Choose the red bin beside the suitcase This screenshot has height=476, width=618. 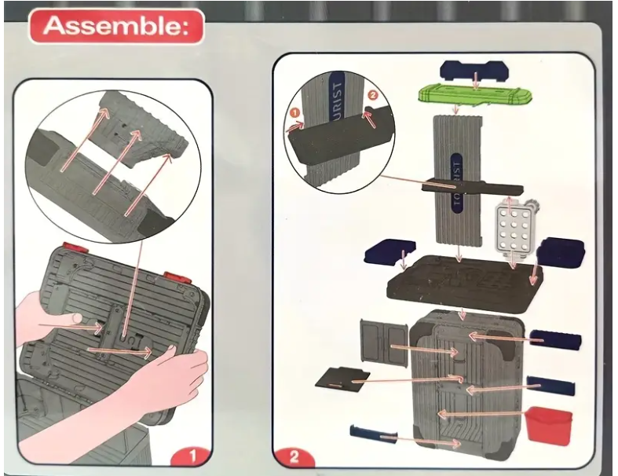point(549,425)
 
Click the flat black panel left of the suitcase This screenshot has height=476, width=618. point(343,379)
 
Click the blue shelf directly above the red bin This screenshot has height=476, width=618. point(551,386)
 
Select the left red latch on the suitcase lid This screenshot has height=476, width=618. point(73,250)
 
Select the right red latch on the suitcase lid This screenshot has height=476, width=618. point(175,277)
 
